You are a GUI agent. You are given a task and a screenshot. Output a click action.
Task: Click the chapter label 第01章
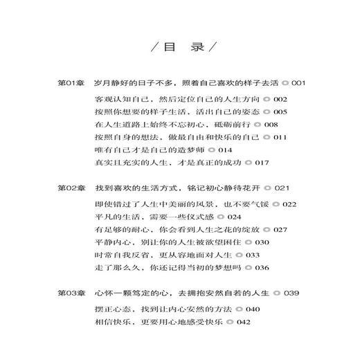click(70, 83)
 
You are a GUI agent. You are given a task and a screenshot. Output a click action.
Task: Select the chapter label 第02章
click(70, 188)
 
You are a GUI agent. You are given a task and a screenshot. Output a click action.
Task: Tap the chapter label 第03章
click(70, 293)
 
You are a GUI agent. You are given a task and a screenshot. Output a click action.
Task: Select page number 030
click(268, 242)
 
